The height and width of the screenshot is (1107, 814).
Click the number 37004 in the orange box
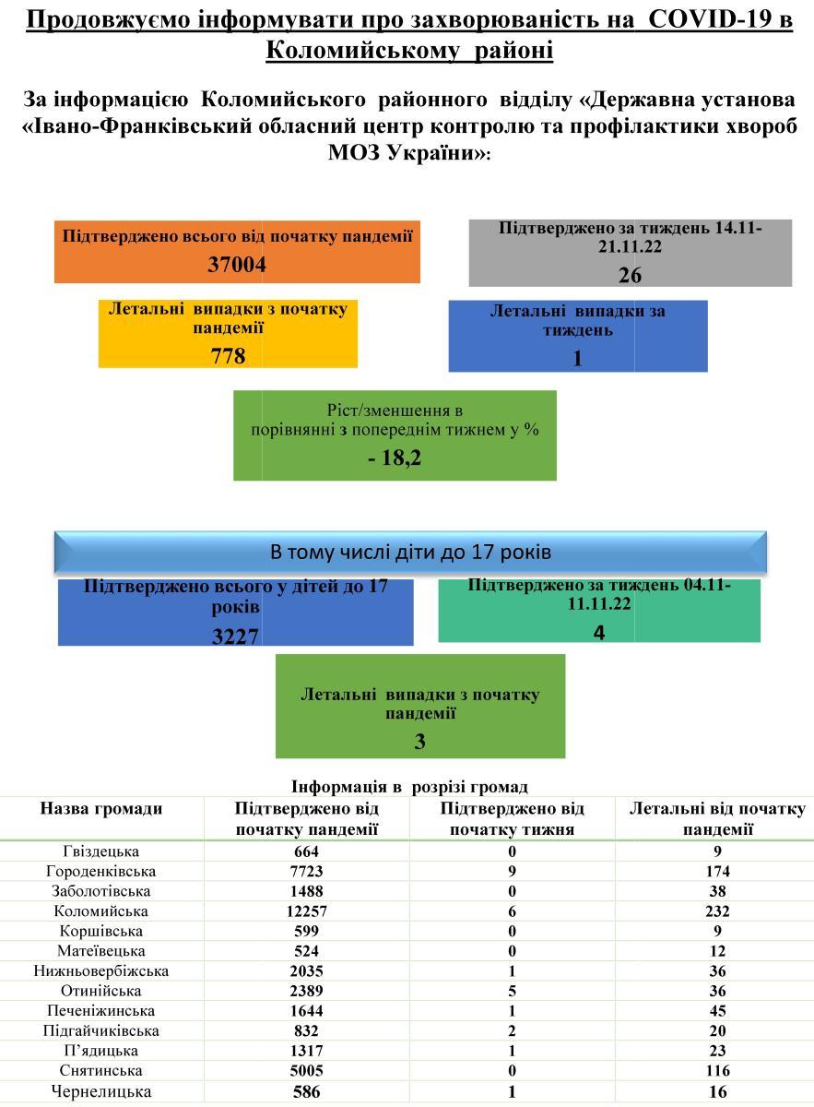[237, 265]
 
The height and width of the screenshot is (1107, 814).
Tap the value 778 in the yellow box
[228, 354]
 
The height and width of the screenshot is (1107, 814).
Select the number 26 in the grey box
[630, 274]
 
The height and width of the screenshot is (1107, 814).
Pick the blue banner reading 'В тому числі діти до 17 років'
[410, 552]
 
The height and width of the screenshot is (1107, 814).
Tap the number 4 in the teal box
[599, 632]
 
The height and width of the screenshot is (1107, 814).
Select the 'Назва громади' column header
[101, 809]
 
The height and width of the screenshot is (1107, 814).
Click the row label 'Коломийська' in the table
[101, 911]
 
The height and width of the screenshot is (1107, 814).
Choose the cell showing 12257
[306, 911]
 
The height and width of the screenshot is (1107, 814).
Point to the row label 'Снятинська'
[101, 1070]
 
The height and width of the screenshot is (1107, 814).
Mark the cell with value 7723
[306, 871]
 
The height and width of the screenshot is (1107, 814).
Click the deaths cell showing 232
[716, 911]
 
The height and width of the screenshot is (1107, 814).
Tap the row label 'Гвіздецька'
[101, 851]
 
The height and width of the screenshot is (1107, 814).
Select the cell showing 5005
[306, 1070]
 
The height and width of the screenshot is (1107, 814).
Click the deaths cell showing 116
[716, 1070]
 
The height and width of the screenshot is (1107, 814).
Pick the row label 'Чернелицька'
[101, 1091]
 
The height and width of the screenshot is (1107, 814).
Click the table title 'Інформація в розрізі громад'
[409, 787]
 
